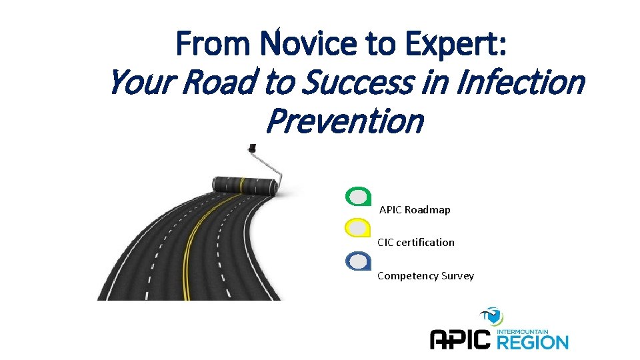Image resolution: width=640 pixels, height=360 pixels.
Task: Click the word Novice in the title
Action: tap(304, 44)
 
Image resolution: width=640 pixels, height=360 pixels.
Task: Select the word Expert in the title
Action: tap(455, 44)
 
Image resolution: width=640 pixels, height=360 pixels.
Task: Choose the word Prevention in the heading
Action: tap(344, 121)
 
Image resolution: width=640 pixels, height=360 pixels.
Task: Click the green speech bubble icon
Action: tap(358, 196)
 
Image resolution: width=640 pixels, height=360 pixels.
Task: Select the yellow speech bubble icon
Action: tap(358, 227)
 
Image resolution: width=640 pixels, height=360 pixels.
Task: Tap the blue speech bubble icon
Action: tap(358, 261)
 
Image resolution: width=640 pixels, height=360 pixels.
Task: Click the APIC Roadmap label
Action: tap(415, 210)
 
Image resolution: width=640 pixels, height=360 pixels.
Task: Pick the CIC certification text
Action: tap(416, 243)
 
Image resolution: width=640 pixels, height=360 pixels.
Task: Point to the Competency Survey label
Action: tap(425, 276)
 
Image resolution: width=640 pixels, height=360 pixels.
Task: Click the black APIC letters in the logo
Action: tap(461, 340)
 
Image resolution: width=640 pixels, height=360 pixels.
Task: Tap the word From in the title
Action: tap(213, 44)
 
